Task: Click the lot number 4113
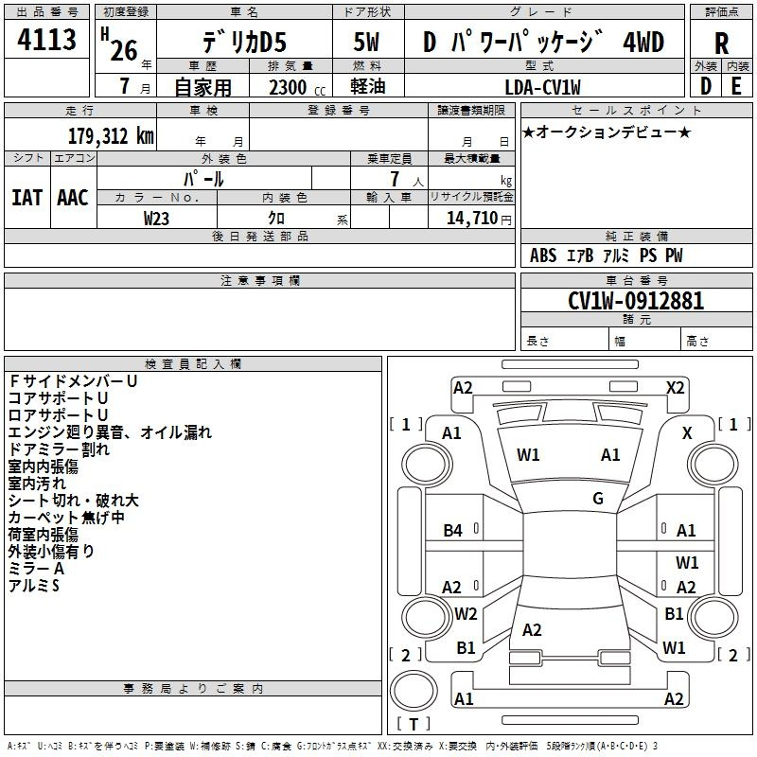point(46,40)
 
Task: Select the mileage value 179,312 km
point(111,136)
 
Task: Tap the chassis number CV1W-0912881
point(636,301)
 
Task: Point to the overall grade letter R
point(721,44)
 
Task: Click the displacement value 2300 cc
point(297,87)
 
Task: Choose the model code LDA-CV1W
point(542,87)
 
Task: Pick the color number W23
point(156,219)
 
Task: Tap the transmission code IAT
point(26,198)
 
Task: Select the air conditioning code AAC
point(73,198)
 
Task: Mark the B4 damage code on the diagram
point(452,530)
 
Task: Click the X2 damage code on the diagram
point(675,388)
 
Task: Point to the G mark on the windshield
point(598,498)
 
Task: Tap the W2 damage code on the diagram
point(466,613)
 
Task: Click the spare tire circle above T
point(414,690)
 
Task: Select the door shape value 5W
point(366,42)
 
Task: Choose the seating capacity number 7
point(395,179)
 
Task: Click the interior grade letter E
point(736,86)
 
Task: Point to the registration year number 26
point(124,50)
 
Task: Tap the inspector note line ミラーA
point(36,569)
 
